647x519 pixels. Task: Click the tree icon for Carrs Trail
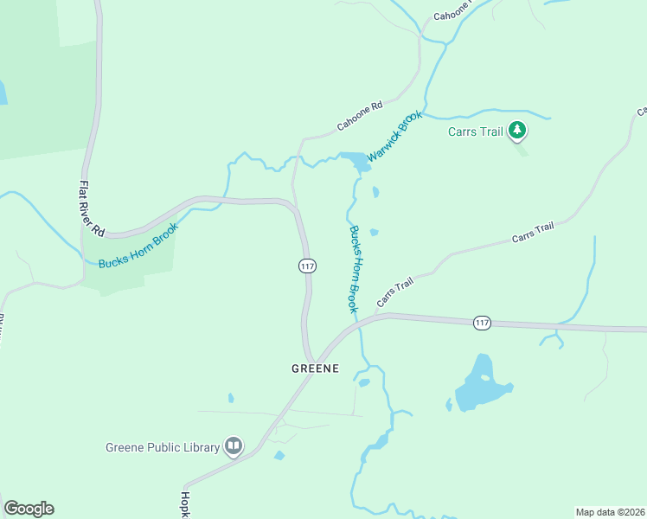pos(517,131)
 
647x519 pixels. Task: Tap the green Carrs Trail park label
pos(475,132)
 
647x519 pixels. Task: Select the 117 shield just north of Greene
pos(307,266)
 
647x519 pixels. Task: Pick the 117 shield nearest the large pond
pos(483,323)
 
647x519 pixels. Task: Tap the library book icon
pos(233,446)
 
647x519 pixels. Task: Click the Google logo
pos(29,509)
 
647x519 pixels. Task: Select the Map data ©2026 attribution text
pos(610,511)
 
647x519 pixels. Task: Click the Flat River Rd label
pos(91,208)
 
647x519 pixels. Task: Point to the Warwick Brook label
pos(394,136)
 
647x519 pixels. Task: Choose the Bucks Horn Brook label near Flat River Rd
pos(138,246)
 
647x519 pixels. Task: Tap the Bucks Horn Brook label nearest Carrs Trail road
pos(354,269)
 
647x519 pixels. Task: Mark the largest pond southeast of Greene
pos(482,384)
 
